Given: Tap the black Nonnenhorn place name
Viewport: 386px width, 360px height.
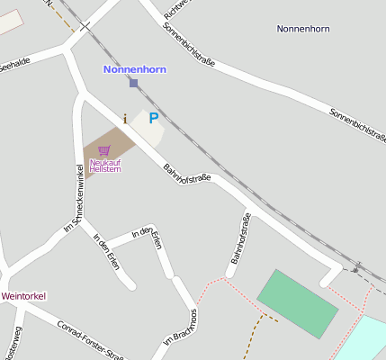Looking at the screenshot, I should [303, 29].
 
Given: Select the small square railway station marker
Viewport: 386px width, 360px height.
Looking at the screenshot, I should [134, 83].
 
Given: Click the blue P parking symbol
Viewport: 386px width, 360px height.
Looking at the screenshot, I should [153, 117].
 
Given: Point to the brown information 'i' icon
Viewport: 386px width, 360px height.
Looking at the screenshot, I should [124, 117].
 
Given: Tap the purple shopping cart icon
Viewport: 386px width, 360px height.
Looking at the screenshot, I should [104, 150].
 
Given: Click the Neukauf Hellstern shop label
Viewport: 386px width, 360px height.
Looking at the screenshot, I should [105, 165].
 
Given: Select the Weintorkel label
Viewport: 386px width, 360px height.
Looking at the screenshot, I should [23, 295].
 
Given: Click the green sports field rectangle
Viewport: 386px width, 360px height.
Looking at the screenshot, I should [298, 302].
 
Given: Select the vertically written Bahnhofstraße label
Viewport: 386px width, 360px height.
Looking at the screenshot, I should [240, 238].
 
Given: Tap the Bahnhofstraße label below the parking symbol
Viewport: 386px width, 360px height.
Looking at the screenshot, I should [186, 172].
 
